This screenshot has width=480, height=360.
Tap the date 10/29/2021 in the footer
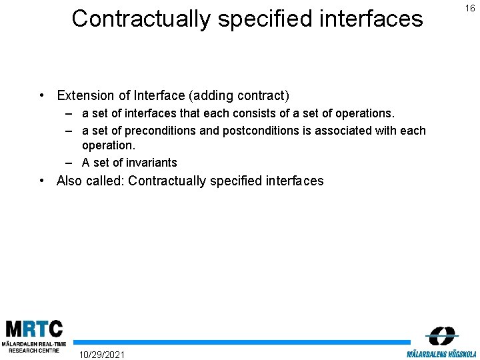[101, 353]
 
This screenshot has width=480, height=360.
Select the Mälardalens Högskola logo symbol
[441, 336]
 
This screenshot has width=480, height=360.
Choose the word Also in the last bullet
[70, 181]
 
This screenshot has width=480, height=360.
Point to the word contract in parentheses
[263, 96]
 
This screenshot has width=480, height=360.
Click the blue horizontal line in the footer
[240, 342]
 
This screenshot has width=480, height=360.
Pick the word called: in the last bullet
[105, 181]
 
